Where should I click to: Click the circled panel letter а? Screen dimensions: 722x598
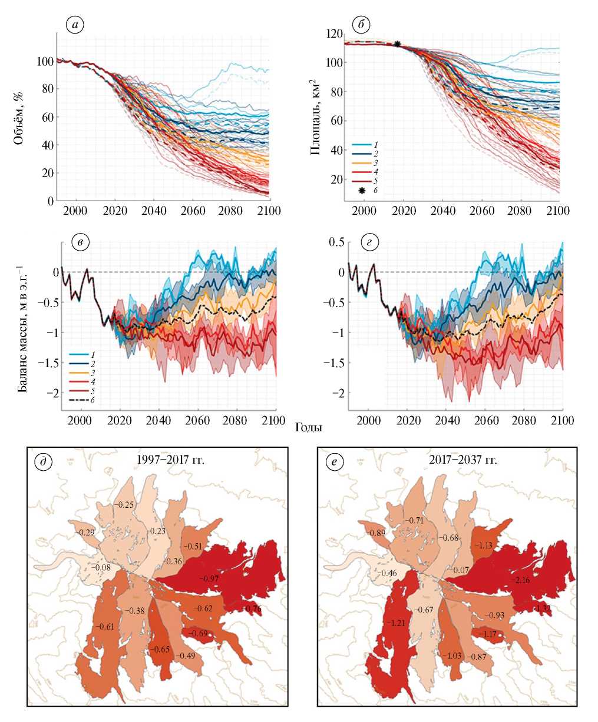pos(76,25)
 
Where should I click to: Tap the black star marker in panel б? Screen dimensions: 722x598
pos(397,44)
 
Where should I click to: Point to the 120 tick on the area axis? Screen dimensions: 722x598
pos(333,34)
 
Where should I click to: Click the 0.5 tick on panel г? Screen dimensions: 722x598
pos(335,242)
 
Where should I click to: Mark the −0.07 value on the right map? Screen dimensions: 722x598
pos(460,570)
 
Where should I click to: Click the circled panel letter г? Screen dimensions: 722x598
pos(361,242)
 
